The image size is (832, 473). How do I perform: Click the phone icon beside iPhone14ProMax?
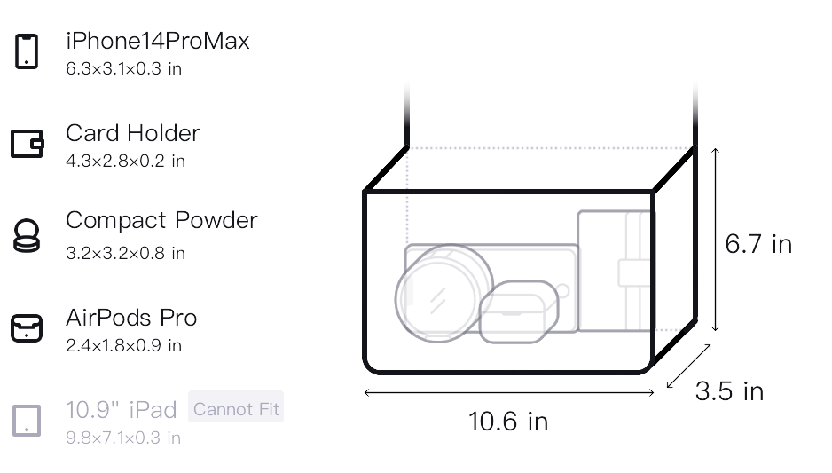click(27, 51)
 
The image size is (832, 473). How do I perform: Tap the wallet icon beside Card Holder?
click(27, 144)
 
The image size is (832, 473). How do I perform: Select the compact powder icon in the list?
click(27, 235)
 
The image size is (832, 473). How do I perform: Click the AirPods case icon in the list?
click(27, 328)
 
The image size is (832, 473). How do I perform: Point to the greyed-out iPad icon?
click(27, 421)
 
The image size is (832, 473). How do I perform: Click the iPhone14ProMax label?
click(158, 41)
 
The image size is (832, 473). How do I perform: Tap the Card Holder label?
click(133, 133)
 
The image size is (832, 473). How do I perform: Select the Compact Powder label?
click(161, 220)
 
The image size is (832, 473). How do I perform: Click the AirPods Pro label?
click(131, 318)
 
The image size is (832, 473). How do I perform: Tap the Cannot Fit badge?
click(236, 409)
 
